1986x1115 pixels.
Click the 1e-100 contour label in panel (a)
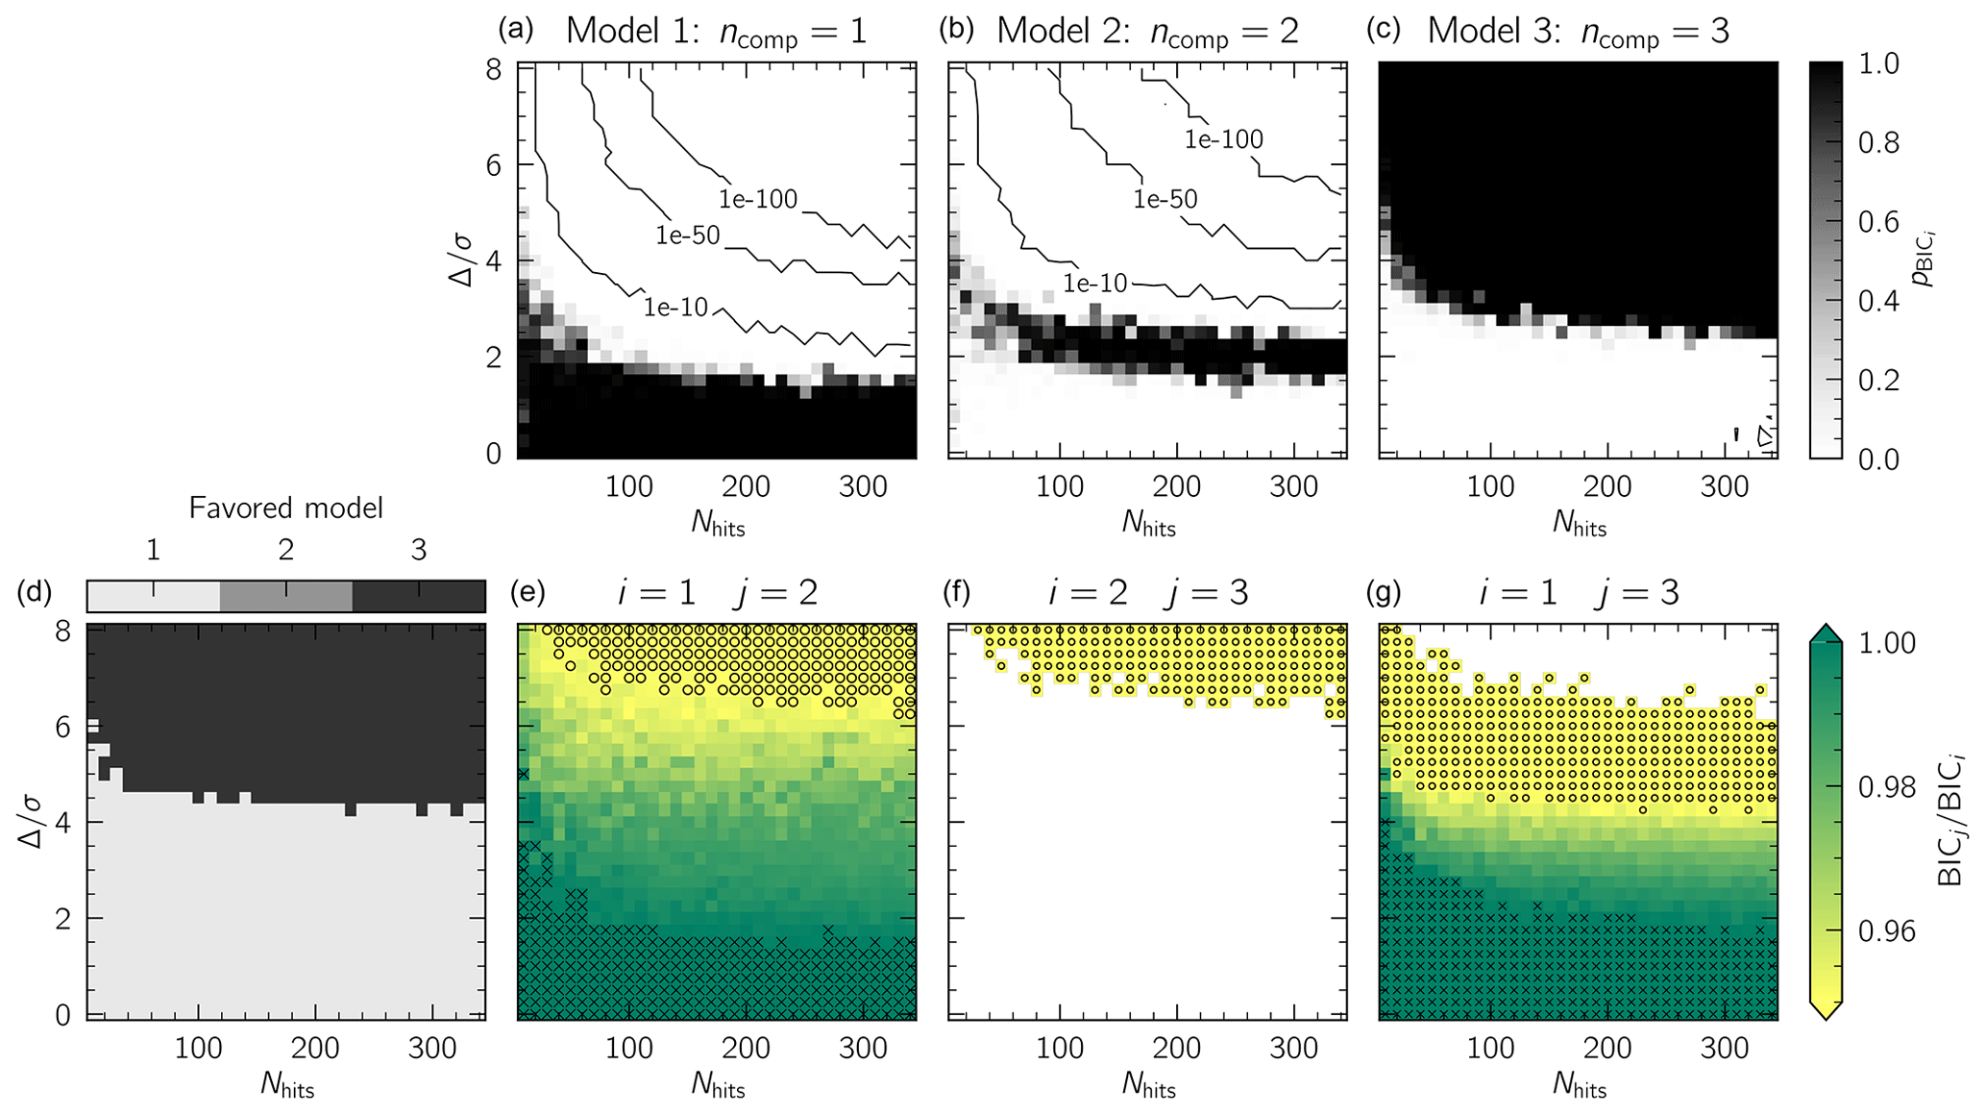[758, 199]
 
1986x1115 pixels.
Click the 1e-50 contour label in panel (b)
[1165, 199]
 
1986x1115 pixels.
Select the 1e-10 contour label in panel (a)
[675, 308]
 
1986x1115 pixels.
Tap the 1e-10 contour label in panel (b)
[1094, 283]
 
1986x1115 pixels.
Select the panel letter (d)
[35, 592]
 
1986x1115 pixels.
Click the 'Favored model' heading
[285, 508]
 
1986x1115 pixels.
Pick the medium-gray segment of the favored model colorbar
[285, 596]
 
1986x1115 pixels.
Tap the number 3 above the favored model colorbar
[418, 550]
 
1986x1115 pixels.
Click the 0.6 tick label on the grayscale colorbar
[1876, 222]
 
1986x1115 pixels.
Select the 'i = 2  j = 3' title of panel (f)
[1148, 592]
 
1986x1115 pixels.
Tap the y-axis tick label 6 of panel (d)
[62, 727]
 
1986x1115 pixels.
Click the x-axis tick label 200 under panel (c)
[1606, 486]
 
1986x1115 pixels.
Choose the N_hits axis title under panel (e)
[718, 1086]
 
